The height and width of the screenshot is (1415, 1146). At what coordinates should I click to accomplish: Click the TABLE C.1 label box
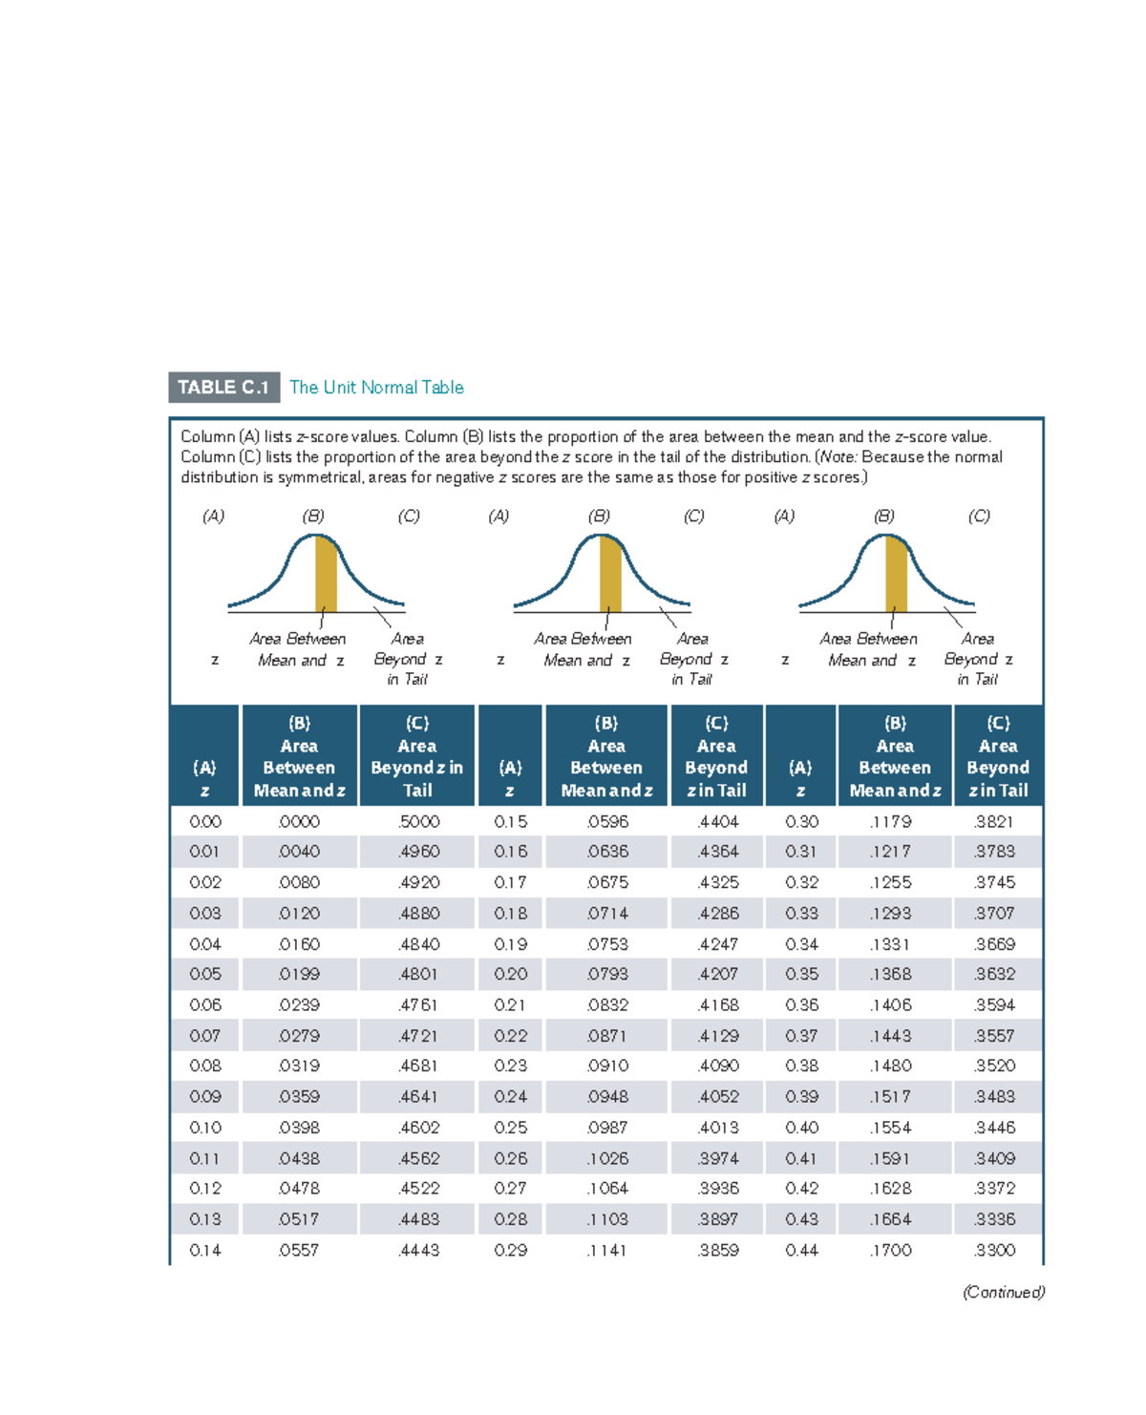(x=223, y=388)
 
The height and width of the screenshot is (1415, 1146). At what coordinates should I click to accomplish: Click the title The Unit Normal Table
(x=376, y=388)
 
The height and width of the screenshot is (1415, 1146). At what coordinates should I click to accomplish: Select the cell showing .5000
(x=418, y=822)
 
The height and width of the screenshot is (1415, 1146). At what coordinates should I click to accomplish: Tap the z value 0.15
(x=510, y=822)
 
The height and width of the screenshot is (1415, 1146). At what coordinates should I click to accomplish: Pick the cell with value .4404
(x=717, y=822)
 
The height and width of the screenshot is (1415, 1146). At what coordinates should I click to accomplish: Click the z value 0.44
(x=801, y=1250)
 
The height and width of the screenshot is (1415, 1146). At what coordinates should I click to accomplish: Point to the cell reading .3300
(x=994, y=1250)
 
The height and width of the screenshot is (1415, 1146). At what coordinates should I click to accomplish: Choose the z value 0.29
(x=510, y=1250)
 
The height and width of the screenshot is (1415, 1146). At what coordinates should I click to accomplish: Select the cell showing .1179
(x=890, y=822)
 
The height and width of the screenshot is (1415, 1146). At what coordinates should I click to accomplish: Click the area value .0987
(x=607, y=1128)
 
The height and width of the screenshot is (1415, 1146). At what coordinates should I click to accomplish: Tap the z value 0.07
(x=204, y=1036)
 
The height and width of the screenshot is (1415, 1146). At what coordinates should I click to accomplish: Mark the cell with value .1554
(x=890, y=1128)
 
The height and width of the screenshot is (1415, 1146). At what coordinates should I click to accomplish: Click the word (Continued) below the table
(x=1003, y=1293)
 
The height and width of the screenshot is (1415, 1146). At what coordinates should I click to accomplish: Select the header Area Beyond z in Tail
(x=416, y=757)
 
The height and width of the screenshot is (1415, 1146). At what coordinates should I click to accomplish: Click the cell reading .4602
(x=418, y=1128)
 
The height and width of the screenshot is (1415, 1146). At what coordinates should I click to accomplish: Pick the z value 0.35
(x=801, y=975)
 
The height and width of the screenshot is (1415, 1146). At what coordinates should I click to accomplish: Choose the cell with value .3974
(x=717, y=1158)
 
